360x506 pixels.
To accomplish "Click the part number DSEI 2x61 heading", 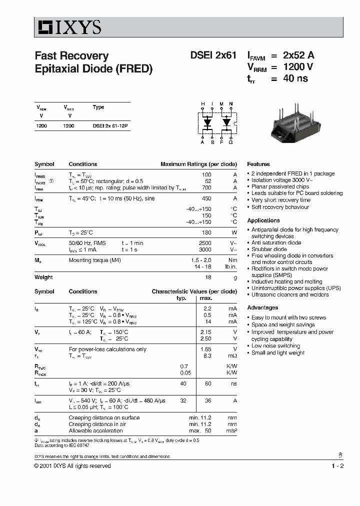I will [213, 55].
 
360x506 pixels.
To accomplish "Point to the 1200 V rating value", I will [298, 67].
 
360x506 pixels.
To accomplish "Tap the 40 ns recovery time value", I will [295, 78].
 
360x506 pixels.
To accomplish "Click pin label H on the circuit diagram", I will [203, 104].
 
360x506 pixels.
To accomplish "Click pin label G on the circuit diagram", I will [230, 142].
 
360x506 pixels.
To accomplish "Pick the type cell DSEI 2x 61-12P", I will [110, 126].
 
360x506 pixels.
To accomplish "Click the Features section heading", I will [258, 164].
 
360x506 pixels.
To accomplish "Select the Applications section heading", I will [263, 220].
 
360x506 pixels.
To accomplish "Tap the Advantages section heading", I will [262, 307].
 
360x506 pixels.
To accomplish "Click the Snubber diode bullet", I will [269, 249].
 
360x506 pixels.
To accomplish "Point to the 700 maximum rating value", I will [206, 187].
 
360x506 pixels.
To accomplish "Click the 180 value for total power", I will [206, 232].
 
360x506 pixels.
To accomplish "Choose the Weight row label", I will [43, 277].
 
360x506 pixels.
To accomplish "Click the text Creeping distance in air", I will [97, 424].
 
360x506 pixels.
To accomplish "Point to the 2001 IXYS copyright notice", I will [72, 466].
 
